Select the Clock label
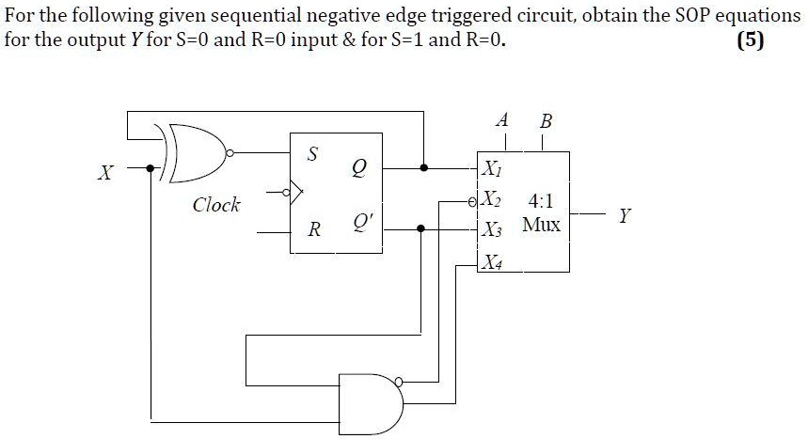point(215,204)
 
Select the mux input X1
point(492,170)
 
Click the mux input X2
point(492,201)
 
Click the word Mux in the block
point(541,226)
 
